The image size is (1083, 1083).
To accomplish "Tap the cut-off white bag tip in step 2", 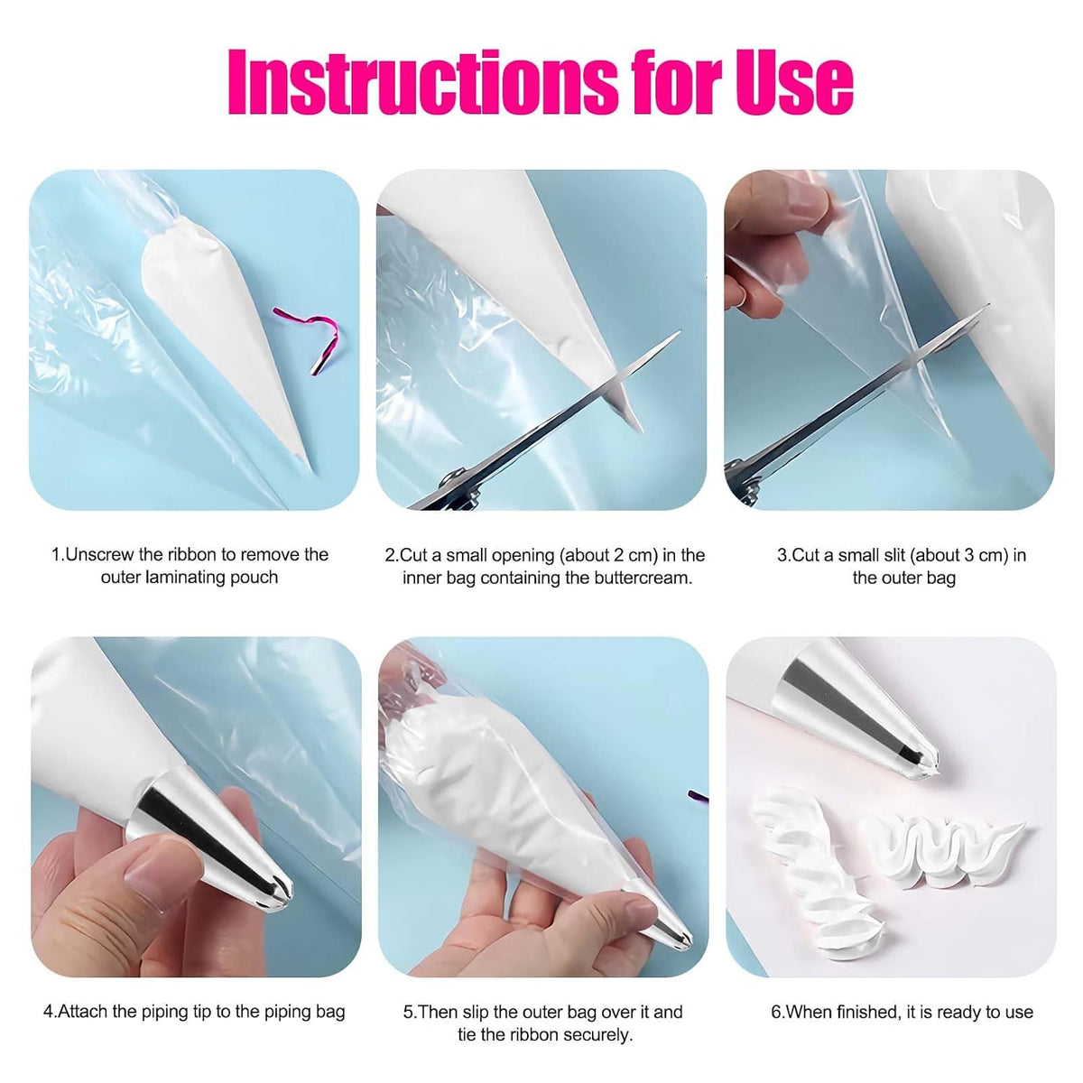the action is [626, 403].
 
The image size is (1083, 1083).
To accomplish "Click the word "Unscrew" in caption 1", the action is [99, 555].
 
